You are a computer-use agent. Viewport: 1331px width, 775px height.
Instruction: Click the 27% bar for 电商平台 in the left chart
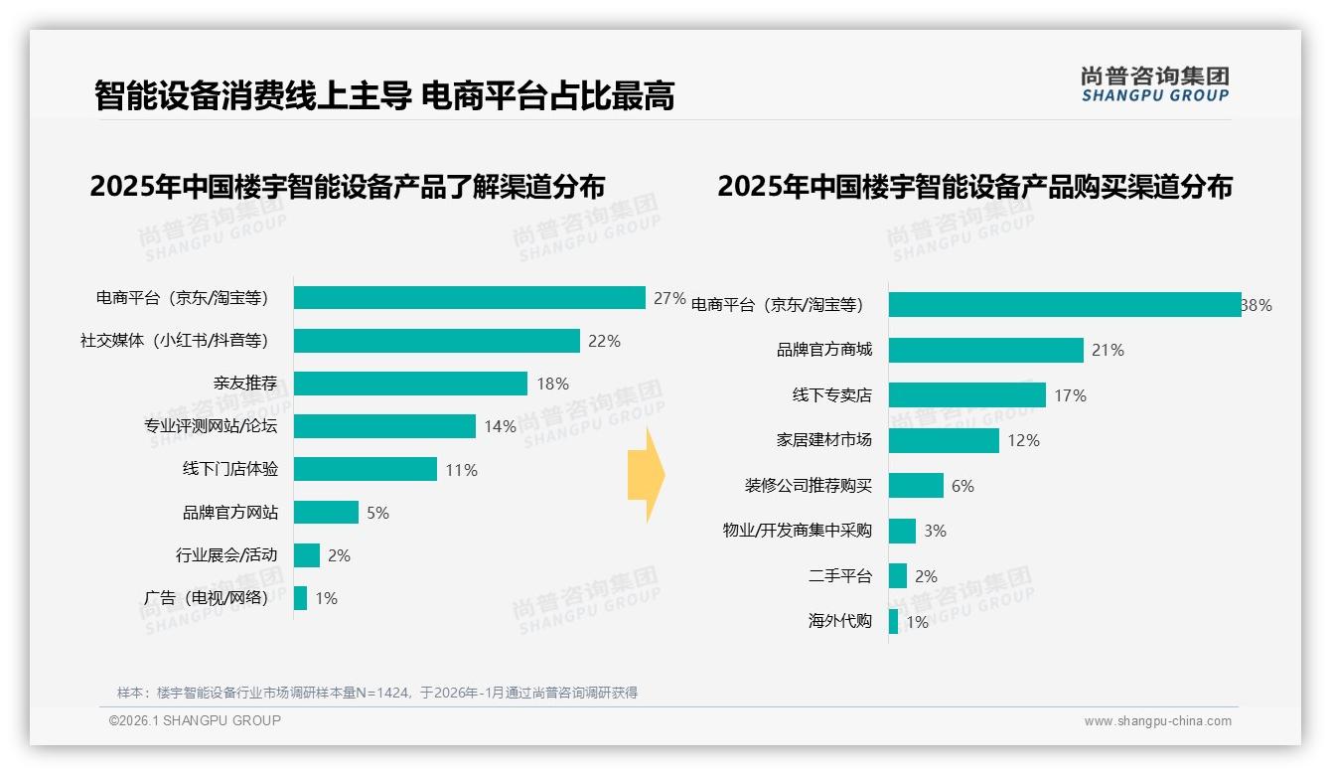click(469, 298)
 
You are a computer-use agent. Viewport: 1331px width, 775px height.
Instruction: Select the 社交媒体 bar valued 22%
click(436, 341)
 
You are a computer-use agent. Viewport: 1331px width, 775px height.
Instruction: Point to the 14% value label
click(500, 427)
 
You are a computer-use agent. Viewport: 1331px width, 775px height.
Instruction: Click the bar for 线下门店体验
click(365, 469)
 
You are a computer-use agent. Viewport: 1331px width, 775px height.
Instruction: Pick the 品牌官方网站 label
click(229, 513)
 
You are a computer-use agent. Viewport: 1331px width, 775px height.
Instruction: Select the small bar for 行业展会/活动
click(306, 555)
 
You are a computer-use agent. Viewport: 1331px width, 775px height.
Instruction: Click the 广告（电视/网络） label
click(206, 598)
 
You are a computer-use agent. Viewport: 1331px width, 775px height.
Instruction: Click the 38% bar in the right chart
click(1064, 305)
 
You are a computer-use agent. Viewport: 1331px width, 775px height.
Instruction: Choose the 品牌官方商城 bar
click(985, 350)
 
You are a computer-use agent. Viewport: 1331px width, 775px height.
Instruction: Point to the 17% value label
click(1070, 395)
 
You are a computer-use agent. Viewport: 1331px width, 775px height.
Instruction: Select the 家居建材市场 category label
click(823, 440)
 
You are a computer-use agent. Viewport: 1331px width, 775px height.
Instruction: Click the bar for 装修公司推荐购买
click(916, 486)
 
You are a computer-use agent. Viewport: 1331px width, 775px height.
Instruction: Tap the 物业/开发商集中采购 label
click(797, 531)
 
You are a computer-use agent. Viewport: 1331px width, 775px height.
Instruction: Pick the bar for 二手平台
click(897, 576)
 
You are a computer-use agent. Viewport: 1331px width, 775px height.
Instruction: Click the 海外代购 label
click(839, 622)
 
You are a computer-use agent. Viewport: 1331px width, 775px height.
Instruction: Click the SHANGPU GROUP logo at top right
click(1154, 84)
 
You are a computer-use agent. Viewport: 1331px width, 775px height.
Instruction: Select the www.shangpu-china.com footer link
click(1157, 721)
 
